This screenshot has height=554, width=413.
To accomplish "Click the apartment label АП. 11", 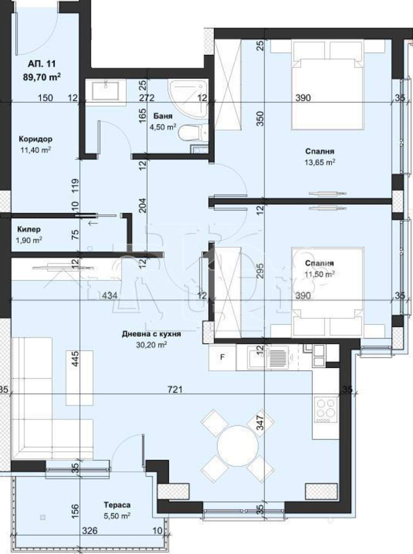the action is click(x=42, y=64).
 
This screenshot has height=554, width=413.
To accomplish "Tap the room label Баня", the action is click(x=163, y=116).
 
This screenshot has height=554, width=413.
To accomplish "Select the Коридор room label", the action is click(x=36, y=139).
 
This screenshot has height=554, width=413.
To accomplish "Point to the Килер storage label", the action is click(x=29, y=229).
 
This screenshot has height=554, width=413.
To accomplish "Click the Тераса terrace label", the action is click(x=117, y=505).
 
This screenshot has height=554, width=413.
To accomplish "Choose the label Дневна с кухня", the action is click(x=151, y=334).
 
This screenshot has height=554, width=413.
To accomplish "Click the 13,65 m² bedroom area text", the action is click(x=320, y=162).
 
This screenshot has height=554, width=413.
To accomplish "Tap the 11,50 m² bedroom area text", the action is click(x=319, y=274).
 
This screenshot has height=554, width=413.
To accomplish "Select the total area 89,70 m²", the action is click(x=42, y=77).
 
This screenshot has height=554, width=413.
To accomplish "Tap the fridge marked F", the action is click(x=222, y=357).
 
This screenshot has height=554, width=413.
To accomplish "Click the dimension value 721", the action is click(x=175, y=389).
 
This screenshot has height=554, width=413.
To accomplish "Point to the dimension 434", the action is click(x=110, y=295).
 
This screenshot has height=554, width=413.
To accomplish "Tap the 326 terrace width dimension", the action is click(x=90, y=530).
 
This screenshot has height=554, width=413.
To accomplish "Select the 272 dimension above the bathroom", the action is click(x=147, y=98).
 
